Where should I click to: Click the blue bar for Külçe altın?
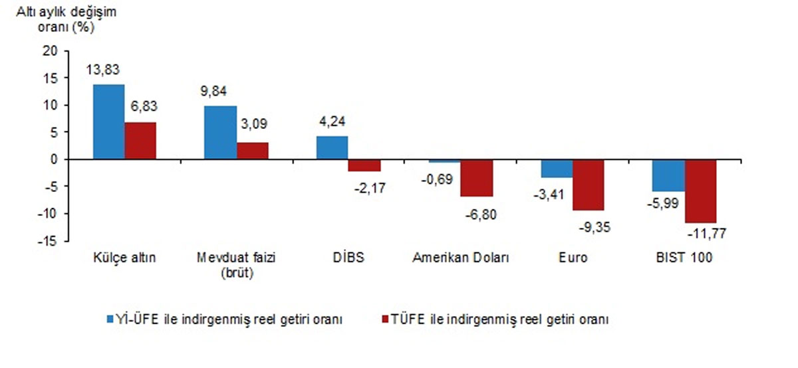click(x=108, y=122)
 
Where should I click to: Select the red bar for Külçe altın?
click(x=140, y=141)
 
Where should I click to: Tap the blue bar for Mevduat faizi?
click(x=220, y=132)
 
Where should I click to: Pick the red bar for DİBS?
click(x=364, y=165)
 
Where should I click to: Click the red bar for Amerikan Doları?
click(x=477, y=178)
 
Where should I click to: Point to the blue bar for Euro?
click(x=557, y=169)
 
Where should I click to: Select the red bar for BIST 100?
click(x=701, y=191)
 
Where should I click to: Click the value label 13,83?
click(x=102, y=68)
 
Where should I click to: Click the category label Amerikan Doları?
click(x=460, y=258)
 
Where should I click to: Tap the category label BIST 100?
click(x=684, y=258)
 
